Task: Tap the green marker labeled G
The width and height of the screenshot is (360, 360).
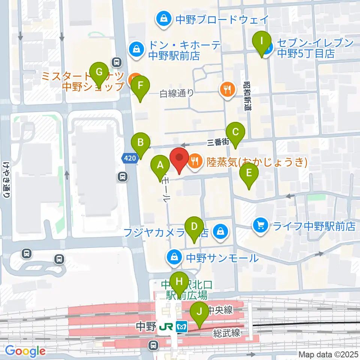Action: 99,72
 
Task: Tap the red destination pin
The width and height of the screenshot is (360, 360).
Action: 179,160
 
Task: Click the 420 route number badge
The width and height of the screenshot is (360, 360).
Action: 129,159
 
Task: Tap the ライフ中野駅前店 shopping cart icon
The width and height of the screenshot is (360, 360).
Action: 260,226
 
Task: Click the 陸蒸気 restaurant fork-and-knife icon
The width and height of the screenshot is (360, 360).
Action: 194,161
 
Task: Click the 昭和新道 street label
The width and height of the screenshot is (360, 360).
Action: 247,96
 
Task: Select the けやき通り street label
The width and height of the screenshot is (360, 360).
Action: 6,180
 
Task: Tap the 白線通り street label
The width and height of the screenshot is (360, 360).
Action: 177,93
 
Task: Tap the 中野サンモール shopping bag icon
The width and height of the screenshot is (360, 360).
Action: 174,257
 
